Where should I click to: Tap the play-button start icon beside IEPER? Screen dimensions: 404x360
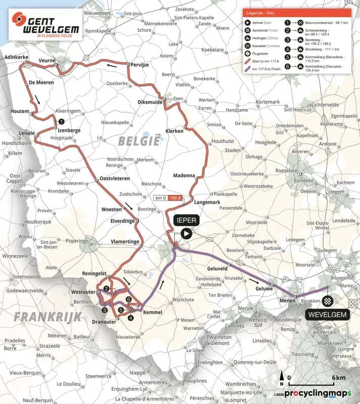(x=186, y=233)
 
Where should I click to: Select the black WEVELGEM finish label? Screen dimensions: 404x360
(x=327, y=315)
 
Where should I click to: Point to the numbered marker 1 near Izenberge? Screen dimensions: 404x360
(x=61, y=121)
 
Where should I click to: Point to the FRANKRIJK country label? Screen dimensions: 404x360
(x=40, y=317)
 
